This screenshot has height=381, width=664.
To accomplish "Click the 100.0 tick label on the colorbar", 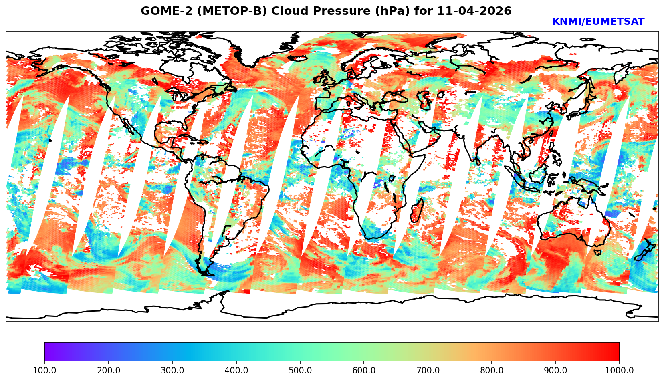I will pos(44,371).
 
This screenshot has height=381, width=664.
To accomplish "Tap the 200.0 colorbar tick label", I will pos(108,371).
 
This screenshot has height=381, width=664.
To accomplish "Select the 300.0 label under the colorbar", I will pos(172,371).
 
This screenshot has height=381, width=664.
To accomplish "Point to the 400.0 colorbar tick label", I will pos(236,371).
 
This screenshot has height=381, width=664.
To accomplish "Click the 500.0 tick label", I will pos(300,371).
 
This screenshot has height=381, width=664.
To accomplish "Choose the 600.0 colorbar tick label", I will pos(364,371).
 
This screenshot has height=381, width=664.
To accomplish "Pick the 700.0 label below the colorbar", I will pos(428,371).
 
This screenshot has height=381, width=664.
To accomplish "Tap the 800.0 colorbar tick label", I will pos(492,371).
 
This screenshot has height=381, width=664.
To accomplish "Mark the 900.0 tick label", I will pos(556,371).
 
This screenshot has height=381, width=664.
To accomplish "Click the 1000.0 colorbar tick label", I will pos(620,371).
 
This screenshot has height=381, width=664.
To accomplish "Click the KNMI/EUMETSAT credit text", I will pos(598,22).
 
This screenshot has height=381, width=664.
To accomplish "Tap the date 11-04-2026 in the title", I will pos(474,11).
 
